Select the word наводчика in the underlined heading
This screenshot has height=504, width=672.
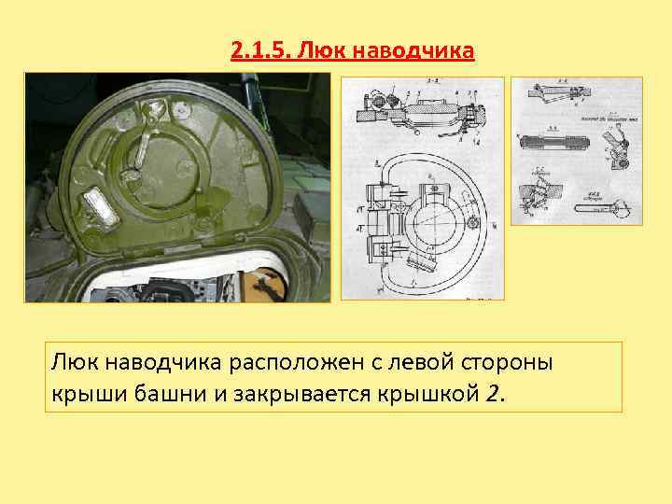pyautogui.click(x=420, y=49)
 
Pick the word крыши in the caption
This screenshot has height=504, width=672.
pyautogui.click(x=80, y=393)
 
